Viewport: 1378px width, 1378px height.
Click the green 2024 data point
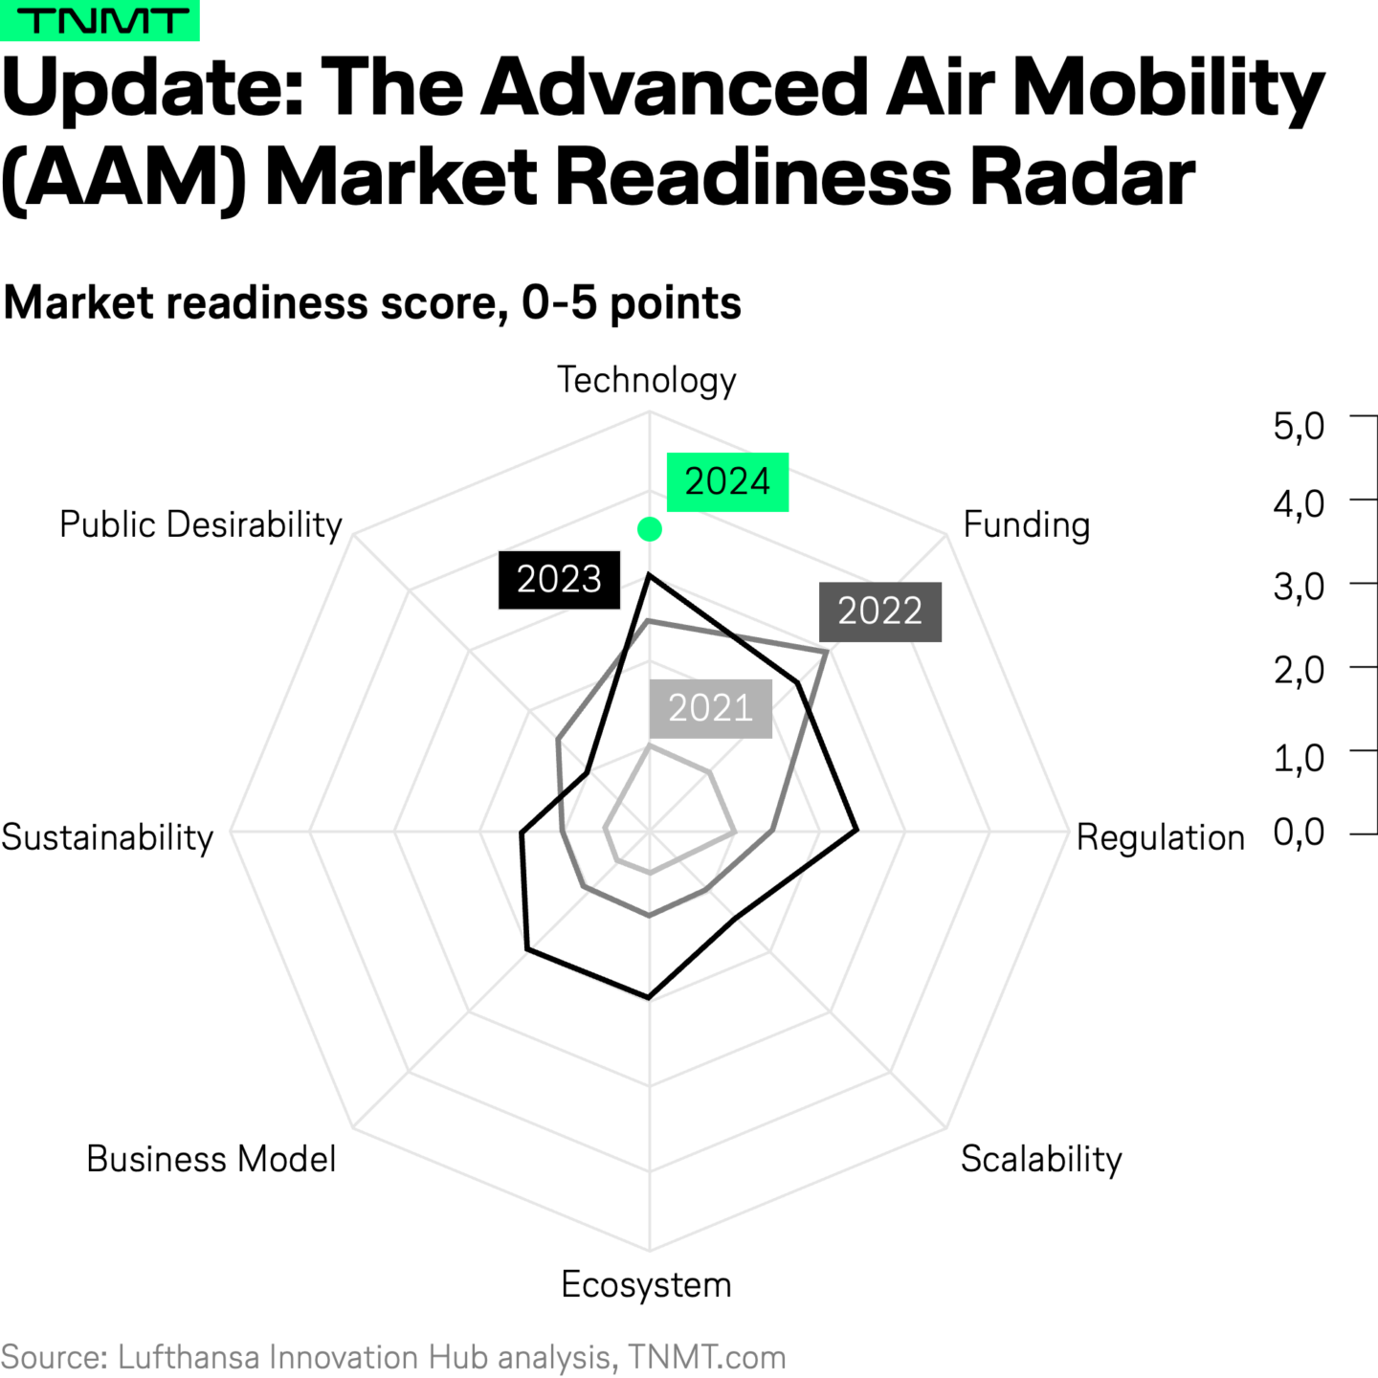coord(650,528)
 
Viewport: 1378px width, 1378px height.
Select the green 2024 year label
coord(727,481)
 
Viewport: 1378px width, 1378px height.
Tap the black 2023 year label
coord(559,580)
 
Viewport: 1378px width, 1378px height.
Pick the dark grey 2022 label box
coord(879,611)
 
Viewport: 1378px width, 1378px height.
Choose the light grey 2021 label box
coord(710,708)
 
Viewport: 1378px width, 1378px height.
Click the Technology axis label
coord(647,381)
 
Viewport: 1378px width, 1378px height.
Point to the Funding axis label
coord(1026,525)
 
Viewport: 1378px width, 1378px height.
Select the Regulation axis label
coord(1160,837)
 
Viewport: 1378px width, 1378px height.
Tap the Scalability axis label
coord(1041,1159)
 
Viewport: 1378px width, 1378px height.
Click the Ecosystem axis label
coord(646,1284)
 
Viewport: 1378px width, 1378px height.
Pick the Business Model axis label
coord(211,1159)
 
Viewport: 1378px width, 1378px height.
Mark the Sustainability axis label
coord(107,837)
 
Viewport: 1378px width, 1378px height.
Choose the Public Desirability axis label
coord(201,525)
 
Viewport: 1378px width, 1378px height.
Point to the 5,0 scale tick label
coord(1299,425)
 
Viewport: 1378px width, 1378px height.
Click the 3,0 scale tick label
coord(1299,586)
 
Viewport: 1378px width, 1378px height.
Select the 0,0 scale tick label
coord(1299,833)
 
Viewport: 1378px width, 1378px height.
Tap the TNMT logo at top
coord(100,20)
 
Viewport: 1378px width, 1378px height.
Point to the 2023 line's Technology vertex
coord(649,574)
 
